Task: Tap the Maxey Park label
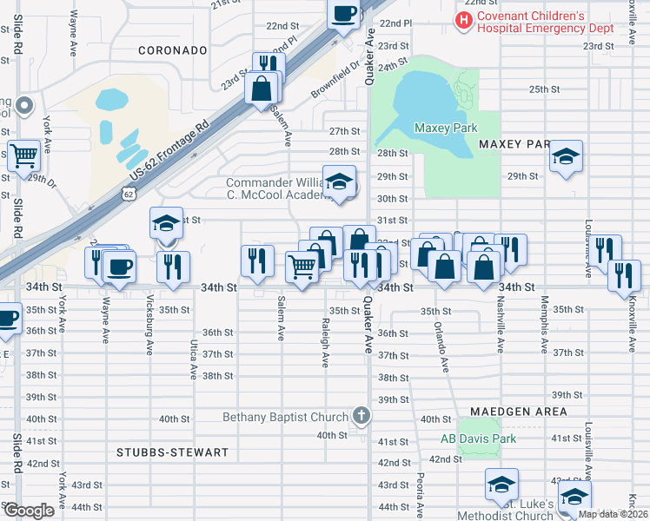(x=446, y=129)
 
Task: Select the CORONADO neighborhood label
(x=173, y=51)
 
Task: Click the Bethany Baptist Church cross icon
(x=361, y=417)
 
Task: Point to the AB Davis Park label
(x=478, y=439)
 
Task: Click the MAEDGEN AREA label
(x=519, y=411)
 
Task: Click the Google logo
(x=29, y=511)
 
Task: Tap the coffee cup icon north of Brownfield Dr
(x=343, y=13)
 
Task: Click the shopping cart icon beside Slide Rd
(x=24, y=155)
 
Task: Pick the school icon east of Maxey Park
(x=566, y=156)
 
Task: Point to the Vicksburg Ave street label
(x=149, y=331)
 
